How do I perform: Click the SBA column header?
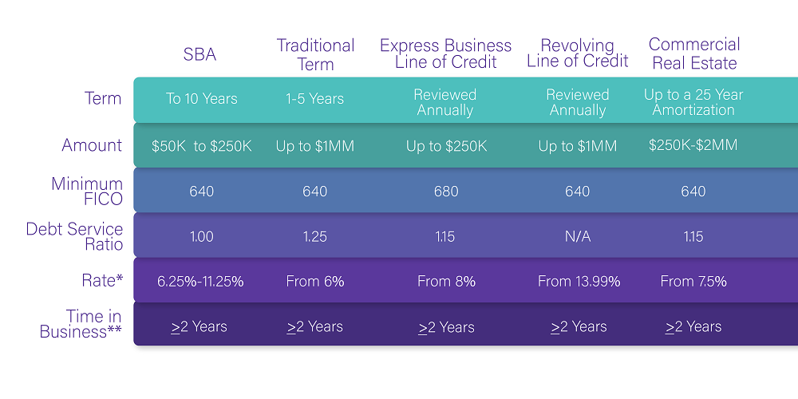(199, 54)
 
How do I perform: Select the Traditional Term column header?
(315, 54)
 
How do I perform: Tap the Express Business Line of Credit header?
(445, 53)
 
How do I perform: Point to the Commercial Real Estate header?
(694, 53)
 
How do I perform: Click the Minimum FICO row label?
(87, 191)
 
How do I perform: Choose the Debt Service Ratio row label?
(74, 237)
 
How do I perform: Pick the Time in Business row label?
(81, 324)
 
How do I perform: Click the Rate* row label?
(102, 280)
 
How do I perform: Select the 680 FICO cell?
(446, 192)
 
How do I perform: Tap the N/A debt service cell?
(578, 237)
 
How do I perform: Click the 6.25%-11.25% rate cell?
(200, 282)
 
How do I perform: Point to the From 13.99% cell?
(579, 282)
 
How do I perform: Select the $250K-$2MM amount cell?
(693, 145)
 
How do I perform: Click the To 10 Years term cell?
(202, 99)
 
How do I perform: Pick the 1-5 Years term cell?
(315, 99)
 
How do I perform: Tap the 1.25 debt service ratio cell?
(315, 237)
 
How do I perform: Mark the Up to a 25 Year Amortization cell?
(693, 102)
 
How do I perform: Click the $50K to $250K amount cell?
(202, 147)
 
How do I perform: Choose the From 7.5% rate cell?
(693, 282)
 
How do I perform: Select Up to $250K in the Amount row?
(446, 147)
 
